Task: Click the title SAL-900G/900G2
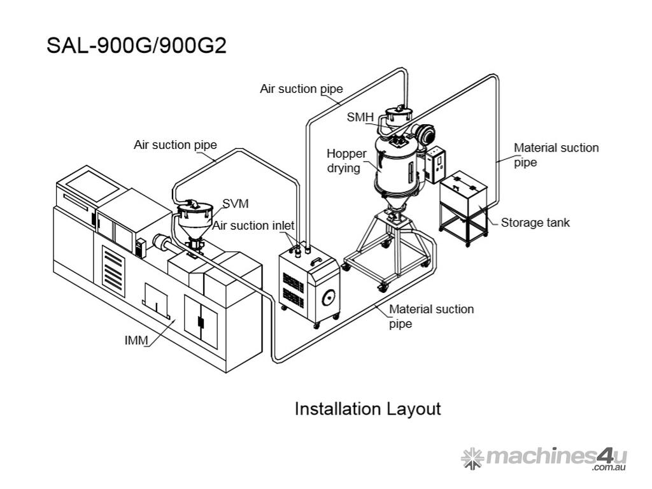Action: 136,46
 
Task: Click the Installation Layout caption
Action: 367,408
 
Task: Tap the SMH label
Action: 360,117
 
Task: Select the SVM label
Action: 235,204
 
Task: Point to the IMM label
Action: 136,341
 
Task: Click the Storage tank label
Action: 535,223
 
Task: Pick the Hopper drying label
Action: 346,161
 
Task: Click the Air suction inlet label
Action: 253,225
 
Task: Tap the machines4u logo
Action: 544,458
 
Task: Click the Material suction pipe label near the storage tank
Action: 556,155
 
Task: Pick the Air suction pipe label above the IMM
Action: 175,145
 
